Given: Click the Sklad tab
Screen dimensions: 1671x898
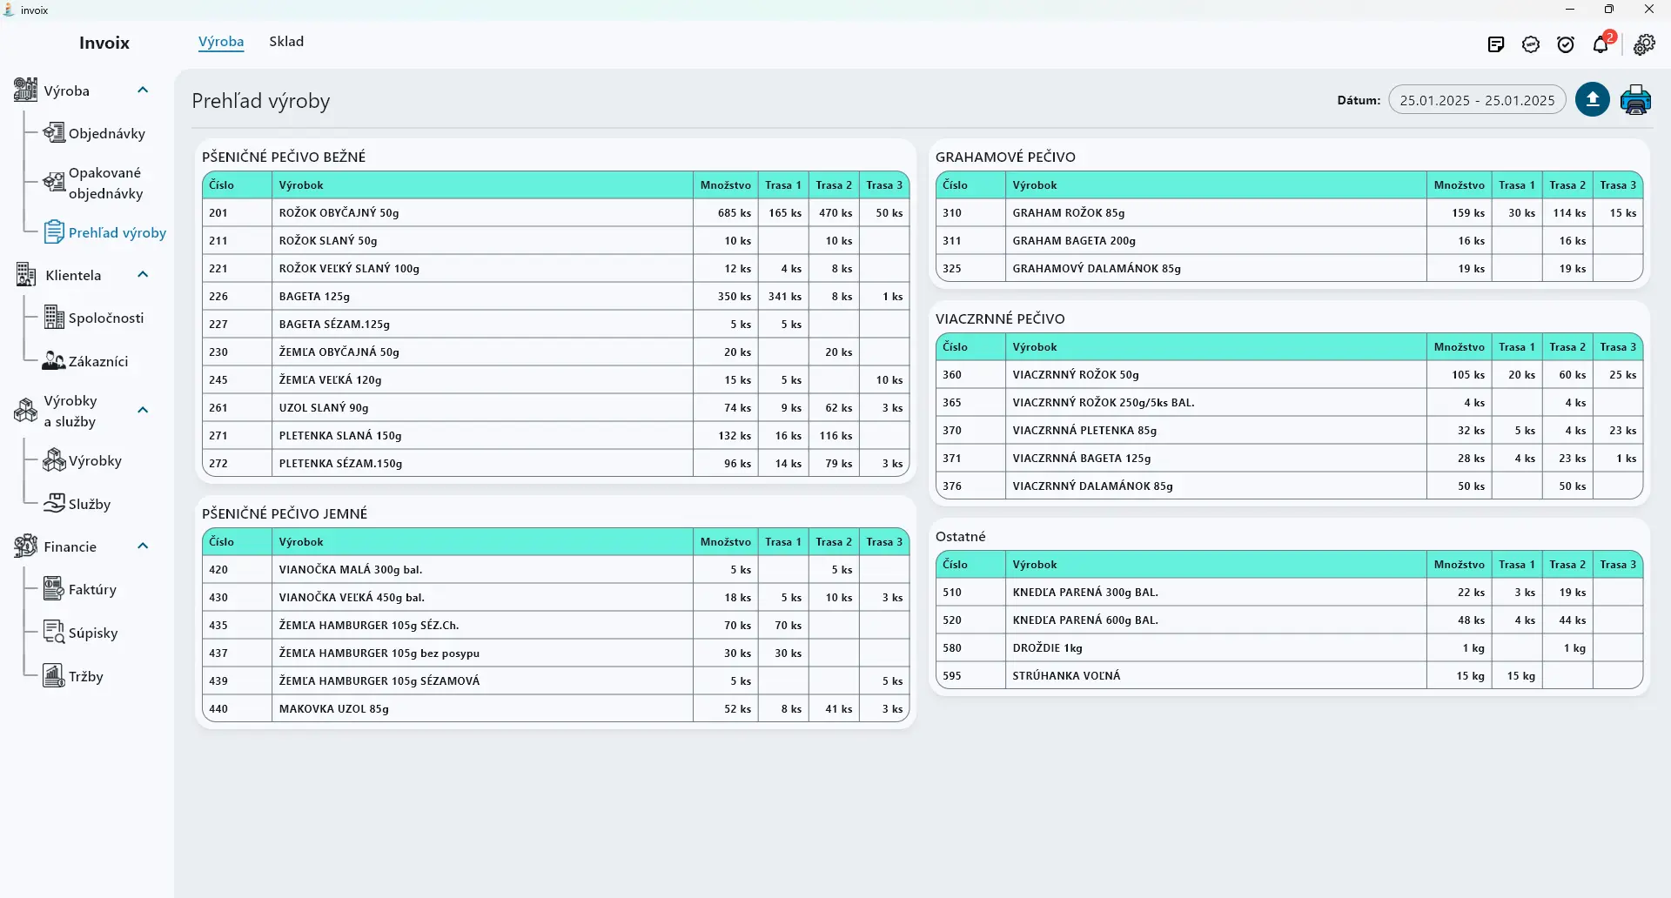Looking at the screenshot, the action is coord(286,42).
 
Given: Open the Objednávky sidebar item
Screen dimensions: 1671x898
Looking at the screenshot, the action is coord(106,133).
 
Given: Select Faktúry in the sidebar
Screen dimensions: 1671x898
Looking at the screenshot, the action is coord(92,590).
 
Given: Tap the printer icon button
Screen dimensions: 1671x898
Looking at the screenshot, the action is coord(1635,100).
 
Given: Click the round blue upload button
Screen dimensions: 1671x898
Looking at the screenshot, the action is coord(1593,100).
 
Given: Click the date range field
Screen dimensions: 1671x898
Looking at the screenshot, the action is coord(1477,100).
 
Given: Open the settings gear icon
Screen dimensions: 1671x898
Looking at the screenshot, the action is coord(1644,44).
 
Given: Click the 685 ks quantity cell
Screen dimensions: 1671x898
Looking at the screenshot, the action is coord(735,213).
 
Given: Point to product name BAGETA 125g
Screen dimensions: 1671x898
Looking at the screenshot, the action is coord(314,297).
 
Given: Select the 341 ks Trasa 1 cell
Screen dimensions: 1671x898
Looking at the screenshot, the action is coord(785,297).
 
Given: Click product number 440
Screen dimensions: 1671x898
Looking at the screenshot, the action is coord(218,709).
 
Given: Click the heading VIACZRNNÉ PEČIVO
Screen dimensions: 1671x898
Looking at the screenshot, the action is coord(1000,318).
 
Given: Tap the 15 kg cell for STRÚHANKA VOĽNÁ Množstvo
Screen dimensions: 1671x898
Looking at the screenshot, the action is coord(1471,676).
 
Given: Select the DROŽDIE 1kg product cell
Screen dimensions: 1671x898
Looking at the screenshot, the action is coord(1048,648).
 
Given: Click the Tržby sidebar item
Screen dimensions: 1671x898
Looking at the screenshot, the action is coord(85,677).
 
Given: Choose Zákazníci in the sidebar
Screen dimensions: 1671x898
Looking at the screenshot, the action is coord(98,361).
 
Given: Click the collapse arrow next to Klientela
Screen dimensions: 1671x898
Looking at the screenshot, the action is coord(144,275).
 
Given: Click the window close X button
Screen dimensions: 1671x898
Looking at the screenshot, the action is coord(1649,10).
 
